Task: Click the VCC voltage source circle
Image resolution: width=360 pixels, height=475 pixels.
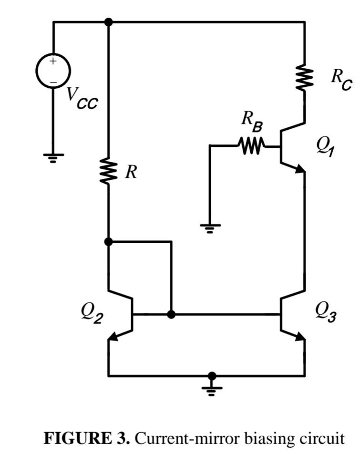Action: click(53, 71)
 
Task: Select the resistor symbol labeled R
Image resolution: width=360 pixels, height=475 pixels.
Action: click(109, 172)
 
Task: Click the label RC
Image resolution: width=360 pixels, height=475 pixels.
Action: click(341, 79)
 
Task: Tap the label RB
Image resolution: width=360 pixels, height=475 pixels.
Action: click(252, 122)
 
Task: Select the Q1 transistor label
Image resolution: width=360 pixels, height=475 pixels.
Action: click(325, 145)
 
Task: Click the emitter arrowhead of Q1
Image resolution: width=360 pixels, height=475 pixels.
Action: click(300, 169)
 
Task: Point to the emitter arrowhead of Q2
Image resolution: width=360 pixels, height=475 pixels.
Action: click(113, 337)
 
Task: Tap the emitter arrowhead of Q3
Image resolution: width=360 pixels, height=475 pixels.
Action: click(300, 337)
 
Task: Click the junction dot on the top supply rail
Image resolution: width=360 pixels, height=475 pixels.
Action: click(109, 22)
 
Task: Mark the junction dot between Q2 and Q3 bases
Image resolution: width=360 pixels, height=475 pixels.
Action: click(172, 314)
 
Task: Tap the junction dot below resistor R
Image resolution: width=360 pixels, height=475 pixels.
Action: click(109, 241)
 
